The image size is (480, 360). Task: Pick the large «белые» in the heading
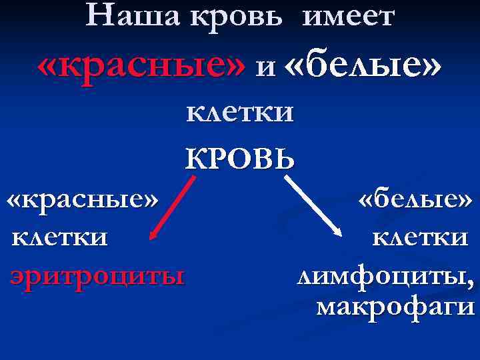pos(363,67)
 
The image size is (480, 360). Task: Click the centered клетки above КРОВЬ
pos(239,111)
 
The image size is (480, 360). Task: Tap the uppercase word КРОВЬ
pos(239,158)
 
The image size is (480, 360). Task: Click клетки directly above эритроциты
pos(58,237)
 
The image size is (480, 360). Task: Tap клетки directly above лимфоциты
pos(420,237)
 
